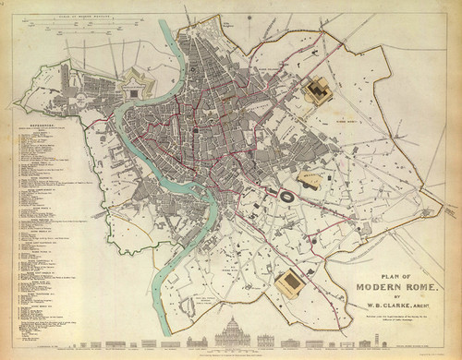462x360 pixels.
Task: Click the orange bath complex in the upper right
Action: click(320, 90)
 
